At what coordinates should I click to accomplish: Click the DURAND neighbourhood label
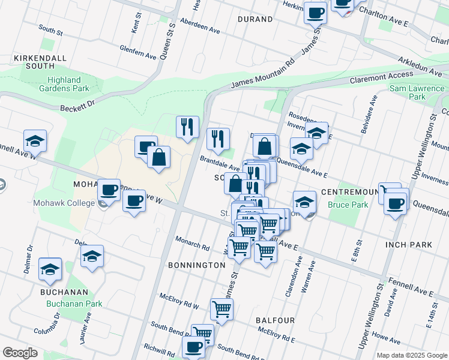(x=255, y=19)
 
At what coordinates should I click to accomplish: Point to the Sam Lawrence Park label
(x=417, y=92)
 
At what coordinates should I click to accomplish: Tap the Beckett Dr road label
(x=77, y=106)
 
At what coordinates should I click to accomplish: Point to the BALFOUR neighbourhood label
(x=275, y=320)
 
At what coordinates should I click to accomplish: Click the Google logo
(x=20, y=353)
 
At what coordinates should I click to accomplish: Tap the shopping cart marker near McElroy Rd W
(x=221, y=310)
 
